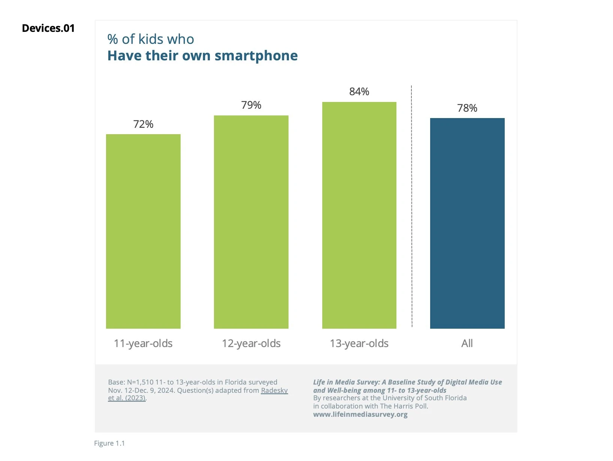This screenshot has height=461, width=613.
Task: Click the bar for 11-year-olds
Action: coord(143,231)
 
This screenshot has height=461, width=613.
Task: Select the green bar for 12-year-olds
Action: coord(251,222)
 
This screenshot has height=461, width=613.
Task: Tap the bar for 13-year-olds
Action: coord(359,215)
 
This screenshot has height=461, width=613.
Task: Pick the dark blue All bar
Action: coord(467,223)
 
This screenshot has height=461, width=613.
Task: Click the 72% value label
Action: coord(143,124)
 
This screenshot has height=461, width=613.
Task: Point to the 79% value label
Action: coord(251,105)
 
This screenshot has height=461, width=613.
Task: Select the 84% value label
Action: coord(359,91)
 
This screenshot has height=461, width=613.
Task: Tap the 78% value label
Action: coord(467,108)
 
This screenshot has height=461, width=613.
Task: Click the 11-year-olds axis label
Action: coord(143,343)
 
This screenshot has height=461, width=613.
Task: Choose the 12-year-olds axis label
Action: coord(251,343)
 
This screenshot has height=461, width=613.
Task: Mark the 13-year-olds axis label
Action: coord(359,343)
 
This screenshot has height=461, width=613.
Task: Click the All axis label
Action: coord(467,343)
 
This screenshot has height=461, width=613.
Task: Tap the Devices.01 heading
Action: coord(48,28)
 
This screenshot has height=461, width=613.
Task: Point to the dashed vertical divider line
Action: coord(411,206)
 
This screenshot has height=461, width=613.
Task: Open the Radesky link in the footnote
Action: coord(274,390)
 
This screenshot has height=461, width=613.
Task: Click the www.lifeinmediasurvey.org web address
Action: coord(360,414)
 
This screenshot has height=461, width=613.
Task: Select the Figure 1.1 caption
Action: coord(109,443)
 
